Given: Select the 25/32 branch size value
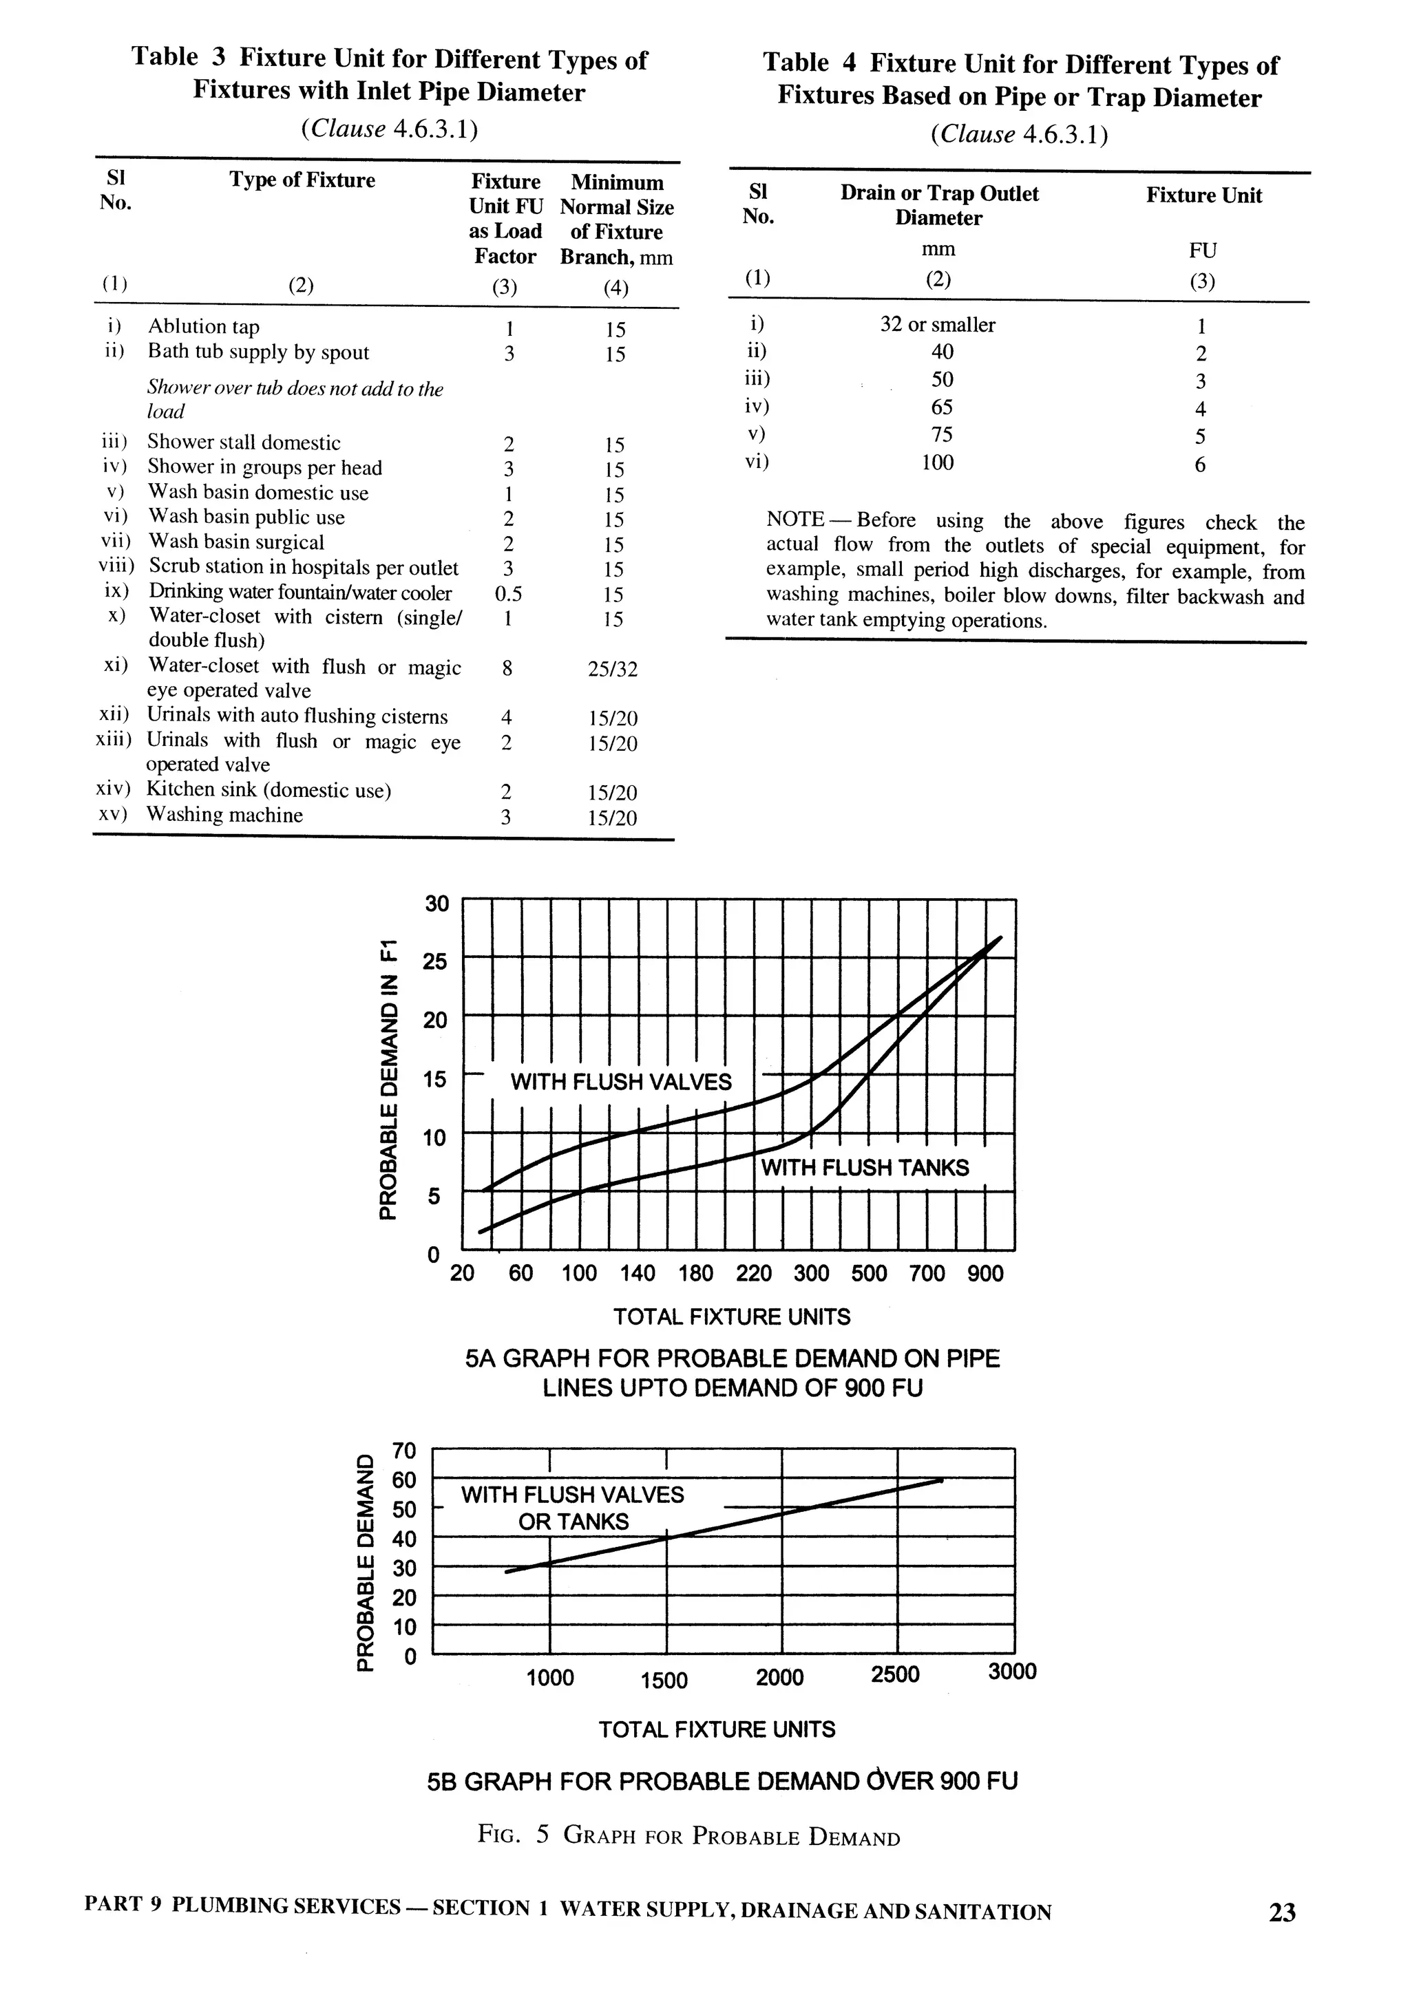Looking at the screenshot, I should tap(612, 669).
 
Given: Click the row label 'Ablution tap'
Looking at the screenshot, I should tap(203, 327).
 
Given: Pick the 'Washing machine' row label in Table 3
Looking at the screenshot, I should tap(224, 815).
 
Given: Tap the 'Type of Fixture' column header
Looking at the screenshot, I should tap(302, 180).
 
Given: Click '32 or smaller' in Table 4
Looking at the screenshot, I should tap(937, 325).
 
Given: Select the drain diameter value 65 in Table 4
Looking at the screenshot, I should tap(941, 407).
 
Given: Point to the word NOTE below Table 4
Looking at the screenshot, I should tap(795, 520).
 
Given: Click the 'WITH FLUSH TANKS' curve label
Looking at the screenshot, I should tap(864, 1168).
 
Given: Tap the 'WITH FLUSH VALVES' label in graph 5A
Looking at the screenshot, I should tap(621, 1082).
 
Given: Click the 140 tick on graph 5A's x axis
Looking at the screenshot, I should tap(638, 1274).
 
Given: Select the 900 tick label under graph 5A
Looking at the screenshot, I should tap(985, 1274).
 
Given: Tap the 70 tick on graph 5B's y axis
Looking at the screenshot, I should tap(404, 1451).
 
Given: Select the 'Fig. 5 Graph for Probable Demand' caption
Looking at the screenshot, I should tap(688, 1835).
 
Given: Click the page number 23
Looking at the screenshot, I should tap(1281, 1912).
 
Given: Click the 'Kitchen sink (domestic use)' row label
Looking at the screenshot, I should tap(269, 790).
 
